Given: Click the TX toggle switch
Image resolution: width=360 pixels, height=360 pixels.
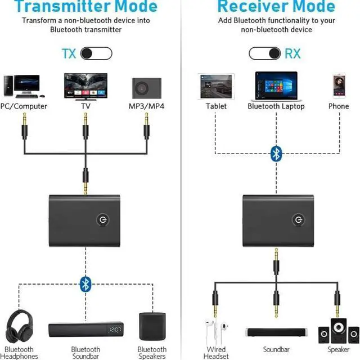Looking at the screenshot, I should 96,54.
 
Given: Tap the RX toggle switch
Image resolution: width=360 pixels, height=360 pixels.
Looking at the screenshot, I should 265,54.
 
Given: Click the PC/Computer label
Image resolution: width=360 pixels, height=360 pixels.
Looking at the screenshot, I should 24,106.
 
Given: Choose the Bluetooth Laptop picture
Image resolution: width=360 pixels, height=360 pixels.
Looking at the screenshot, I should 276,85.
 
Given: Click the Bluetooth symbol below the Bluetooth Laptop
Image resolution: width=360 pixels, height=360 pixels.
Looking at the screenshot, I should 276,153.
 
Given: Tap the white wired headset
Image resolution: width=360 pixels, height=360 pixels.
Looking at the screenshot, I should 215,332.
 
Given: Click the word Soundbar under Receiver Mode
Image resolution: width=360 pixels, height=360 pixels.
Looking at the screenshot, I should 276,350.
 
